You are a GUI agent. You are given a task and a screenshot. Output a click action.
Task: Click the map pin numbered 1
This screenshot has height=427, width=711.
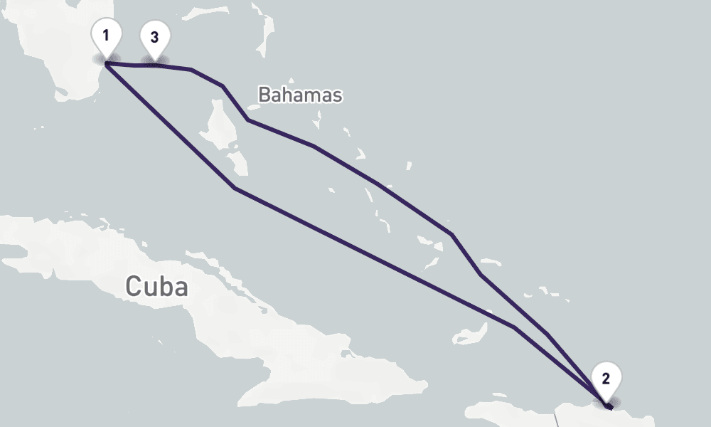106,36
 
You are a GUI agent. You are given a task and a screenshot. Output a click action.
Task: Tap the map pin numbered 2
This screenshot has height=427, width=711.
605,378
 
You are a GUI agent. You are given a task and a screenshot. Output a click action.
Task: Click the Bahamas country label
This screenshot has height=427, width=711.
300,95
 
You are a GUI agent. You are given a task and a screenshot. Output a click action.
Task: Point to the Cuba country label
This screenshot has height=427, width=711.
157,286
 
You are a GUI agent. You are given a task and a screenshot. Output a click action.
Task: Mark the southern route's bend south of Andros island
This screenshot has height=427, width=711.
234,188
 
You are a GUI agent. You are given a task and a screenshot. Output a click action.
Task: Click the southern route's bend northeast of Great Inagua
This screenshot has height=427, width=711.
513,327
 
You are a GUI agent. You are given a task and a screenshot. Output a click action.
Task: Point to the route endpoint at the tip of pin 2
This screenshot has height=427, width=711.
610,408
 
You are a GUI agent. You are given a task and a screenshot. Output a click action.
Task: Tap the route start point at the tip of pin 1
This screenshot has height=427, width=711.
106,64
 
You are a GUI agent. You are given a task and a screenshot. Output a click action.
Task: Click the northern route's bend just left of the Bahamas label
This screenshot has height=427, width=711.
247,120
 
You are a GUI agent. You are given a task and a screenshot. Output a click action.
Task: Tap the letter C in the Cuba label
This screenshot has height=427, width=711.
133,286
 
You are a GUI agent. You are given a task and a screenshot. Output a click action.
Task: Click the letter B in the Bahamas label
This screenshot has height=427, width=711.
264,95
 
